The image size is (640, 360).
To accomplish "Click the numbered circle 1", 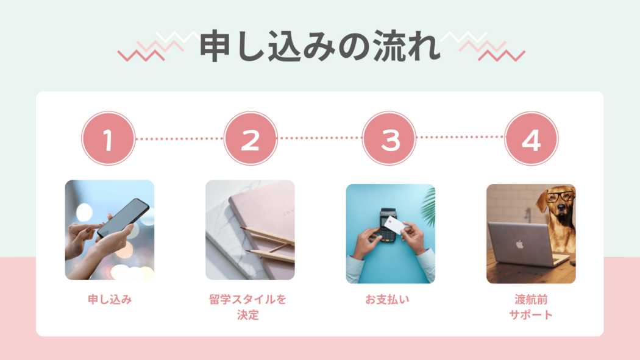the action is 108,139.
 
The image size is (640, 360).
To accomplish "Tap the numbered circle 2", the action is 250,139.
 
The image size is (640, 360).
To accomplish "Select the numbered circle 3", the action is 389,139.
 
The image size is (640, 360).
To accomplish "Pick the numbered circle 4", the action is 531,139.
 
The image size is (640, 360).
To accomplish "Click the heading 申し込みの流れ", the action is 320,46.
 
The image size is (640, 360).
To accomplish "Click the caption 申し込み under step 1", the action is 110,300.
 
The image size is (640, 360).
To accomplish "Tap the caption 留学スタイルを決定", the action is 247,307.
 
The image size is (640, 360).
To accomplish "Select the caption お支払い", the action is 387,300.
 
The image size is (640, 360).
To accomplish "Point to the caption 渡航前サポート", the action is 531,307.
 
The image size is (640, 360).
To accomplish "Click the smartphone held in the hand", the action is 123,218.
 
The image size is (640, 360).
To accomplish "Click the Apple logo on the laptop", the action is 519,244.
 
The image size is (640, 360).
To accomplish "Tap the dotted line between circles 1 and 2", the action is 179,139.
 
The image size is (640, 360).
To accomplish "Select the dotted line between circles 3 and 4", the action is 460,137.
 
